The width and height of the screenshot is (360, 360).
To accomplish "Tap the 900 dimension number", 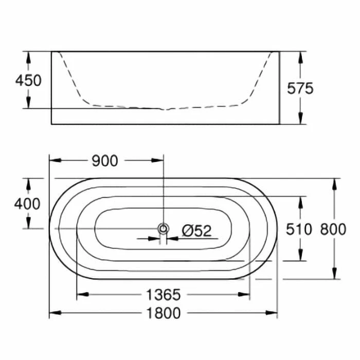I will (105, 161).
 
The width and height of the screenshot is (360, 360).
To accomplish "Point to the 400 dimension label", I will (27, 204).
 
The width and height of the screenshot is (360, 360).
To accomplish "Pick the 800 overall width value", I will (332, 229).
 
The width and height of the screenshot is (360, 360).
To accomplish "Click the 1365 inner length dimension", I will (163, 295).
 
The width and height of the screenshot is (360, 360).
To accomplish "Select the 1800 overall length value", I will (163, 313).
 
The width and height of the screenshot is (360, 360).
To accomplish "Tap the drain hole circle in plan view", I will (163, 229).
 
